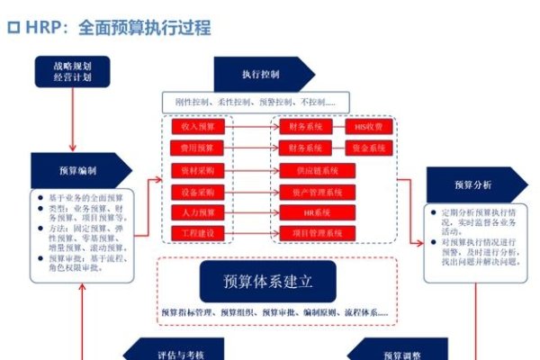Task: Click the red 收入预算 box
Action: coord(196,126)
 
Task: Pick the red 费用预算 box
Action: coord(196,148)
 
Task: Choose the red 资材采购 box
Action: coord(196,169)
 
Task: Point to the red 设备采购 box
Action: coord(196,191)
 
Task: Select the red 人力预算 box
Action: coord(196,212)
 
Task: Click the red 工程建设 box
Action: coord(196,233)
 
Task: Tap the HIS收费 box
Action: coord(368,126)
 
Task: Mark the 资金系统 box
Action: coord(368,148)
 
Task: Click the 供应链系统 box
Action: coord(310,169)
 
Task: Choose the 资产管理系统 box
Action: coord(310,191)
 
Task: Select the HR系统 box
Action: coord(310,212)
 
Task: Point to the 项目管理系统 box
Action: coord(310,233)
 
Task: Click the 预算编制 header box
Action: coord(78,170)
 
